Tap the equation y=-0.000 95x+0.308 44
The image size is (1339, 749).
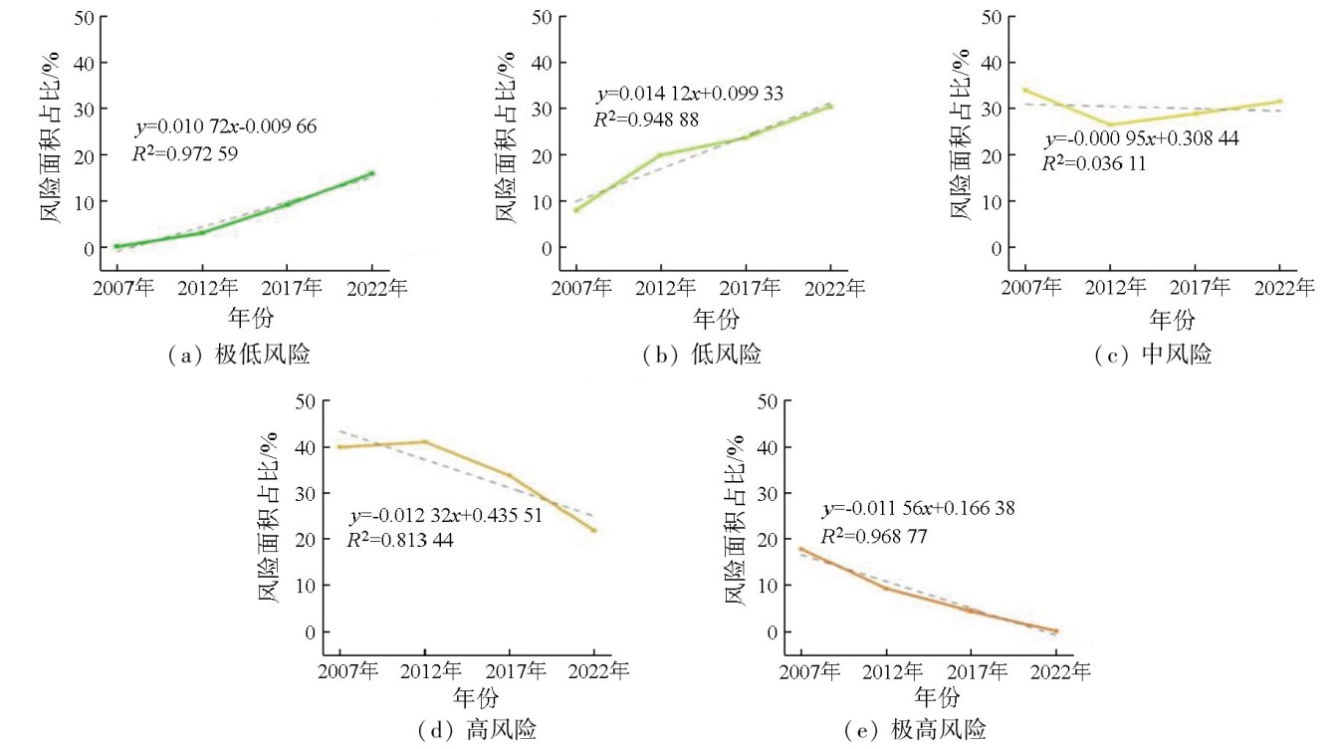(x=1141, y=139)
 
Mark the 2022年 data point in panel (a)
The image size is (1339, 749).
(x=372, y=173)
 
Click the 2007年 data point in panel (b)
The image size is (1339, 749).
(x=575, y=209)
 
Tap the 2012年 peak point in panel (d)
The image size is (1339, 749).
(x=425, y=441)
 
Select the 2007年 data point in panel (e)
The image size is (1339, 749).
(x=801, y=549)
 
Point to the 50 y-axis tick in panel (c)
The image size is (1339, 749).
(x=991, y=16)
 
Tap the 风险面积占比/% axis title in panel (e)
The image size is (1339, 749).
(x=734, y=522)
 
